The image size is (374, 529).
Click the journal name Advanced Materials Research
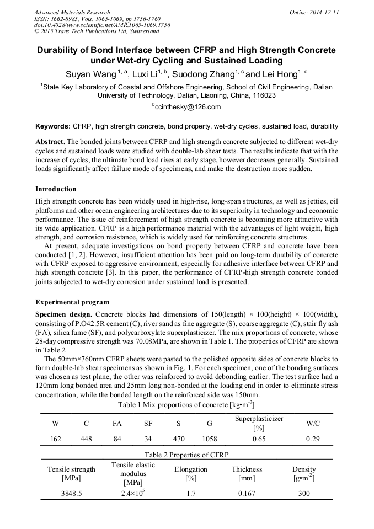[72, 12]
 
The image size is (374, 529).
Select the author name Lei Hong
[281, 74]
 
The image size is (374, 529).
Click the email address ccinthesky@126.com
[188, 107]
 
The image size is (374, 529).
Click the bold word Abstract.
[50, 141]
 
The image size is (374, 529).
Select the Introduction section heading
[56, 189]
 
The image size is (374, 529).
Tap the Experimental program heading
[72, 302]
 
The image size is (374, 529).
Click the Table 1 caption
[186, 405]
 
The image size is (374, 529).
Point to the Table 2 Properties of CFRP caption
[186, 455]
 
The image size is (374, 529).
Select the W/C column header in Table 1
[312, 423]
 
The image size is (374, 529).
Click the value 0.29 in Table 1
[312, 439]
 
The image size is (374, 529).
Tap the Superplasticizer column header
[259, 419]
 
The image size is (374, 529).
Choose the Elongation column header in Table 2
[191, 469]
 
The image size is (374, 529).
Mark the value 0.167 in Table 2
[247, 494]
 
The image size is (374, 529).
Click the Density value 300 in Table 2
[304, 494]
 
